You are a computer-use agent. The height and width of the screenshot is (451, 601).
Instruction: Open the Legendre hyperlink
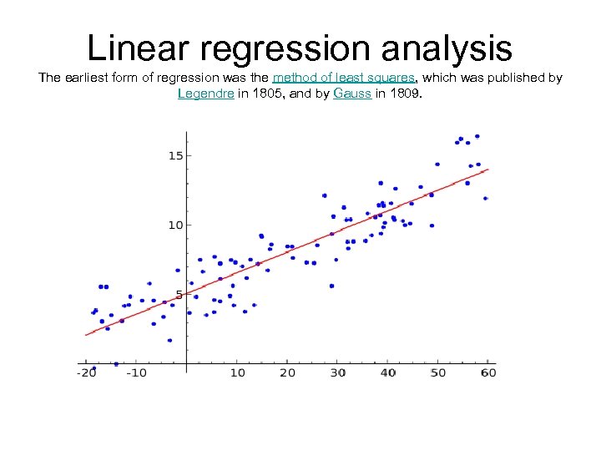click(x=205, y=94)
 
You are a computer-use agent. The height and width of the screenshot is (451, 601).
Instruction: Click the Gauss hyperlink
click(x=351, y=94)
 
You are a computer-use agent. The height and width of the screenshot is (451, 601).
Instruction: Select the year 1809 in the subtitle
click(x=407, y=94)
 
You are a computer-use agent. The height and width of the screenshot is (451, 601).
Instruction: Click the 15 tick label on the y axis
click(x=175, y=155)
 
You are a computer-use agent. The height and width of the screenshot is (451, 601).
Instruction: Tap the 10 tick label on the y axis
click(x=175, y=225)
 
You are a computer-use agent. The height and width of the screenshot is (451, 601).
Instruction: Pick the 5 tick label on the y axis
click(x=179, y=295)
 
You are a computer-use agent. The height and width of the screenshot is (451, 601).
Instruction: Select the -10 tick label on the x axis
click(x=135, y=372)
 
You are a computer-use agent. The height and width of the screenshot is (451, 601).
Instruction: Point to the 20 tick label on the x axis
click(x=287, y=372)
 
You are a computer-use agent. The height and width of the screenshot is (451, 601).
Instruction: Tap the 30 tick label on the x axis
click(x=337, y=372)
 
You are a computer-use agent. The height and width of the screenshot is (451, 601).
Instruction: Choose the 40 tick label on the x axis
click(x=387, y=372)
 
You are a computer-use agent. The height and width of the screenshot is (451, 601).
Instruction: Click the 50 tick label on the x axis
click(x=438, y=372)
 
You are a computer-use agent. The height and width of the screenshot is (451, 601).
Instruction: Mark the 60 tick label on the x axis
click(x=488, y=372)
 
